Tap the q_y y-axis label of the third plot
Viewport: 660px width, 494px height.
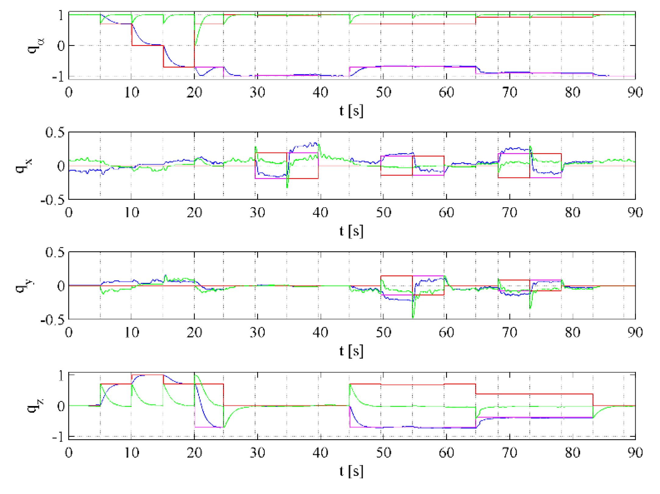tap(23, 285)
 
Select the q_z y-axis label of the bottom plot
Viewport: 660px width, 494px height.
tap(36, 405)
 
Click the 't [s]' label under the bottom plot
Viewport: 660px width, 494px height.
tap(351, 471)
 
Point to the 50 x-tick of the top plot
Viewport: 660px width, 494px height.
tap(383, 92)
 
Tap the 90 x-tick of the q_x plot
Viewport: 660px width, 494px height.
tap(635, 212)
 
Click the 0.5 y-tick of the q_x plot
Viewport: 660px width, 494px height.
tap(55, 132)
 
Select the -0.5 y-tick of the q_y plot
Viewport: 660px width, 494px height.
tap(52, 320)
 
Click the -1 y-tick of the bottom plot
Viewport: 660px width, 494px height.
tap(58, 437)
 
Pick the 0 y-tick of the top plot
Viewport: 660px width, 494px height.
tap(61, 46)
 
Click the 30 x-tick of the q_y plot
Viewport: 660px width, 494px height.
tap(257, 332)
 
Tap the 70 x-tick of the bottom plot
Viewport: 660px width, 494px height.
tap(509, 452)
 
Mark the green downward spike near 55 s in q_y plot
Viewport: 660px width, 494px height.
tap(413, 317)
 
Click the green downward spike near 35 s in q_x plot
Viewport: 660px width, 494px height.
tap(287, 187)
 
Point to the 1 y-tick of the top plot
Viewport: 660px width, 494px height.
tap(61, 15)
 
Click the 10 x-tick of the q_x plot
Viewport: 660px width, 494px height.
tap(131, 212)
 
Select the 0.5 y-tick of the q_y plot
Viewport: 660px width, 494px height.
tap(55, 252)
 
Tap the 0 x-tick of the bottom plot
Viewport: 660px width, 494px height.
tap(69, 452)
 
